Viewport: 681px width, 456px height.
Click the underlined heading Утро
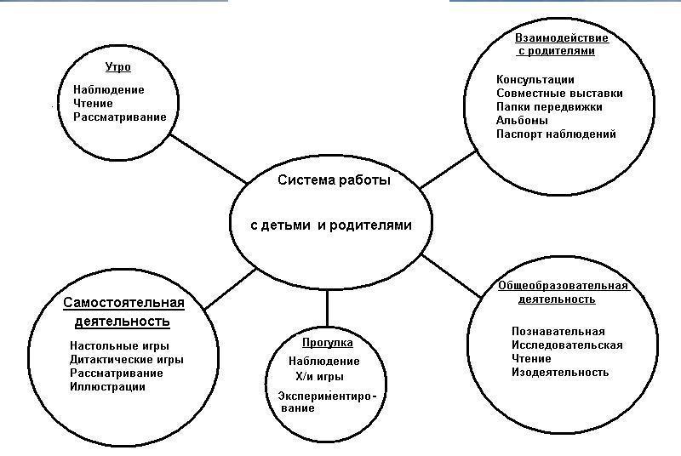(117, 67)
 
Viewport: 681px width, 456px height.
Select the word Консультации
(535, 80)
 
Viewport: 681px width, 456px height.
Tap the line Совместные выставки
(559, 94)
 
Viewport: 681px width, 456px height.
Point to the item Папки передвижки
(549, 106)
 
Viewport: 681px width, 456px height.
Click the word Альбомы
(522, 120)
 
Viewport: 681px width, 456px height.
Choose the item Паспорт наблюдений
(556, 134)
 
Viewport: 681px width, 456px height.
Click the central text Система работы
(334, 180)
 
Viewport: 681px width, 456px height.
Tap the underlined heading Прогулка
(328, 343)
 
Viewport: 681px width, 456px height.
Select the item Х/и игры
(320, 377)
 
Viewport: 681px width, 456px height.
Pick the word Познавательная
(558, 332)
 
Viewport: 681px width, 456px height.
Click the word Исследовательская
(567, 345)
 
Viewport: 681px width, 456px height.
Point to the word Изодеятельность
(560, 372)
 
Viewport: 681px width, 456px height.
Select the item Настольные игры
(119, 345)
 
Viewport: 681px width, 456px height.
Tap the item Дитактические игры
(127, 360)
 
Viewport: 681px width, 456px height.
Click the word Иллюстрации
(108, 386)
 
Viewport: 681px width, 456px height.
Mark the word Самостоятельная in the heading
(123, 303)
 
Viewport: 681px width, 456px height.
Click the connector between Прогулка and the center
(327, 308)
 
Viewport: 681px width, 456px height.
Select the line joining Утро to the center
(209, 159)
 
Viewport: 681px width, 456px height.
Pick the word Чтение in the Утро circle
(93, 104)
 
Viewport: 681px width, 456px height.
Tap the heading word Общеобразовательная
(564, 286)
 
